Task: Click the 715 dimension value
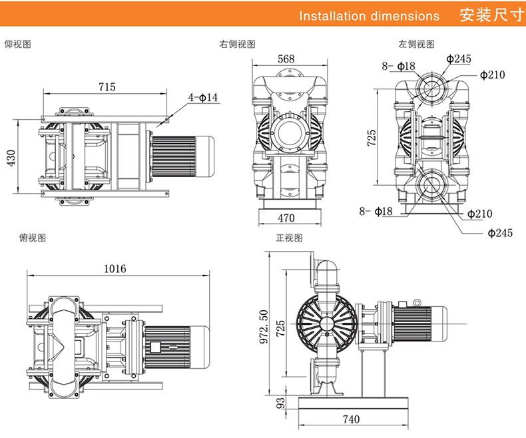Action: [x=107, y=87]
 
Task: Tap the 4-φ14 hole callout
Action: [x=203, y=98]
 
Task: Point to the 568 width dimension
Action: [x=286, y=59]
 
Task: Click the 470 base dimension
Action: [x=286, y=218]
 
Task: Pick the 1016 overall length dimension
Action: [x=115, y=269]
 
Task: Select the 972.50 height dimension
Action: [x=264, y=327]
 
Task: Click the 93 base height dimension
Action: [x=281, y=403]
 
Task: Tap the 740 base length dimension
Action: [x=352, y=419]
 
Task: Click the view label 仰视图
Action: [x=18, y=44]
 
